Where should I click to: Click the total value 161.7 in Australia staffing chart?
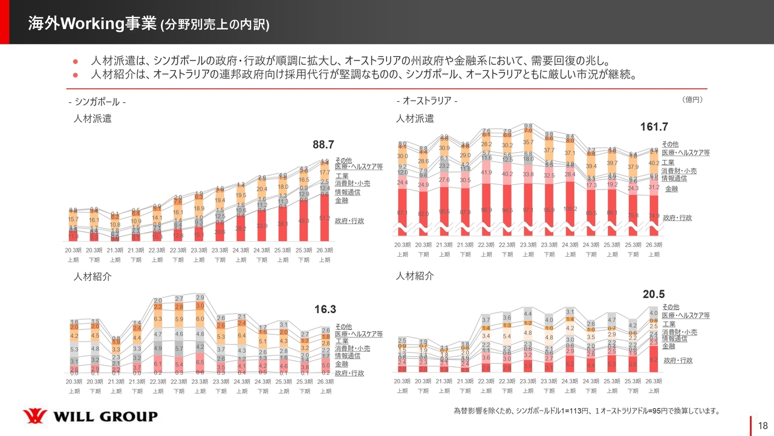pyautogui.click(x=654, y=127)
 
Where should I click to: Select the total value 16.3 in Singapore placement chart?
pyautogui.click(x=325, y=309)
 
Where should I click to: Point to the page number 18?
pyautogui.click(x=763, y=425)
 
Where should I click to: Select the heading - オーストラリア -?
pyautogui.click(x=427, y=101)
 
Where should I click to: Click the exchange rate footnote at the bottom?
pyautogui.click(x=587, y=411)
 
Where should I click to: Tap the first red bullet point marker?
pyautogui.click(x=76, y=61)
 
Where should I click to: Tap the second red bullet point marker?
pyautogui.click(x=76, y=75)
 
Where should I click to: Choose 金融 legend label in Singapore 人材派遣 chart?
pyautogui.click(x=342, y=200)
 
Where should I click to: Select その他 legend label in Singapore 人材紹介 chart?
pyautogui.click(x=343, y=326)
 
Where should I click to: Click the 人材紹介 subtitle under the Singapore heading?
pyautogui.click(x=93, y=276)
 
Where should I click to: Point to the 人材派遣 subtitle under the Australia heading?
pyautogui.click(x=415, y=119)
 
